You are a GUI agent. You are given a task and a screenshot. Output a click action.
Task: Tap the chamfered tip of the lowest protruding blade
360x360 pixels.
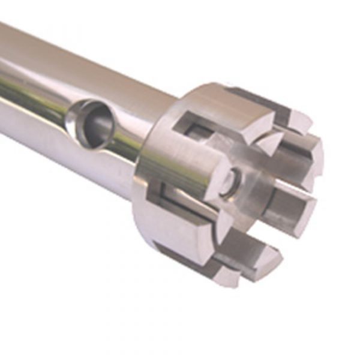click(x=264, y=264)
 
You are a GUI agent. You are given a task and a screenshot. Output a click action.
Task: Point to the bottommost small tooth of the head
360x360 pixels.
click(x=222, y=273)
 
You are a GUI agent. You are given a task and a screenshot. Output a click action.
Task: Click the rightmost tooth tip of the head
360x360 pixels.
click(x=315, y=159)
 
